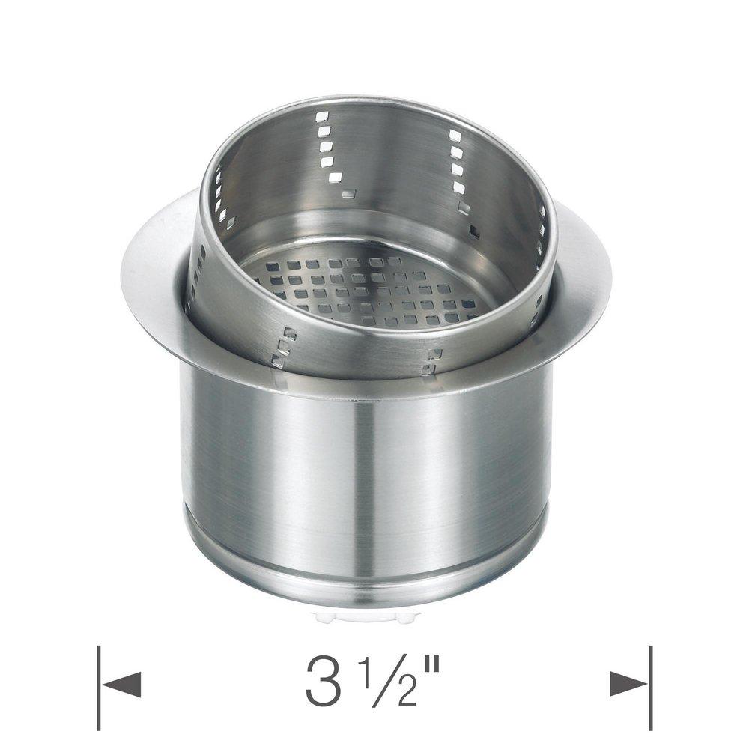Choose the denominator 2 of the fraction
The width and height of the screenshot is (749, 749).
(x=398, y=694)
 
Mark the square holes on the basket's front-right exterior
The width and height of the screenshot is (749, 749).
(x=432, y=360)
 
